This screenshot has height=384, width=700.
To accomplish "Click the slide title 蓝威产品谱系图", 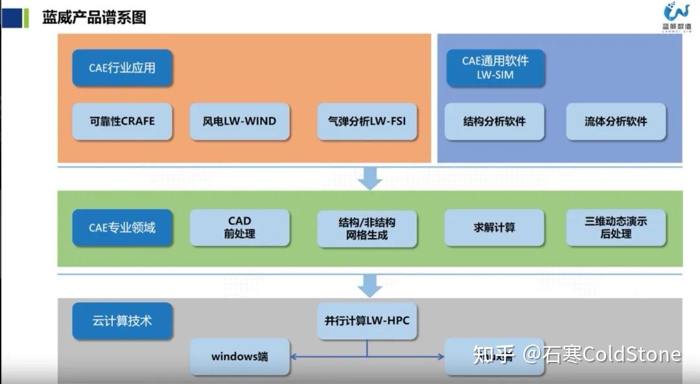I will pyautogui.click(x=94, y=18).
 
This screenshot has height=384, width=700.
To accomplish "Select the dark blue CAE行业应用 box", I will pyautogui.click(x=122, y=67).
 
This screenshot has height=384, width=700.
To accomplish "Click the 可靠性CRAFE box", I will pyautogui.click(x=122, y=121).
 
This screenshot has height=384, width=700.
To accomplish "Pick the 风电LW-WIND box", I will pyautogui.click(x=239, y=121).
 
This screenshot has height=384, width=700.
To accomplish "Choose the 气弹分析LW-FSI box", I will pyautogui.click(x=367, y=121).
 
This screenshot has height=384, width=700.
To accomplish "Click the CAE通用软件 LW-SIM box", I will pyautogui.click(x=495, y=67).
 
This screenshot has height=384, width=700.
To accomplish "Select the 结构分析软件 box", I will pyautogui.click(x=494, y=121).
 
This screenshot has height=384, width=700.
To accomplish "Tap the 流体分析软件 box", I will pyautogui.click(x=616, y=121).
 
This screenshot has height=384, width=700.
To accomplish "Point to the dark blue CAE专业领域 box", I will pyautogui.click(x=122, y=228).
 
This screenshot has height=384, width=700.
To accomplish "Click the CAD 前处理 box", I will pyautogui.click(x=239, y=228).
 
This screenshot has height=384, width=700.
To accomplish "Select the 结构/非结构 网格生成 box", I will pyautogui.click(x=367, y=228).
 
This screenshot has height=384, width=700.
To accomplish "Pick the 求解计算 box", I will pyautogui.click(x=494, y=228).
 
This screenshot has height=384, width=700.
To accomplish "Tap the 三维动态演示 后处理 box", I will pyautogui.click(x=616, y=228).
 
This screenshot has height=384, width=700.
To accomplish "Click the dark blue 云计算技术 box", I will pyautogui.click(x=122, y=321).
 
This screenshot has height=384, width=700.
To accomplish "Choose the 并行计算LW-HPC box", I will pyautogui.click(x=367, y=321).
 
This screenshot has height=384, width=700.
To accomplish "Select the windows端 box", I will pyautogui.click(x=239, y=357).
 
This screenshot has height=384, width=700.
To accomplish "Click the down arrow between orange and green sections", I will pyautogui.click(x=370, y=178).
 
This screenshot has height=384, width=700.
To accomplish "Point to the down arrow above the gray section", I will pyautogui.click(x=370, y=285).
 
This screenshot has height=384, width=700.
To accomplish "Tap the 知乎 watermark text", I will pyautogui.click(x=494, y=355).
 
